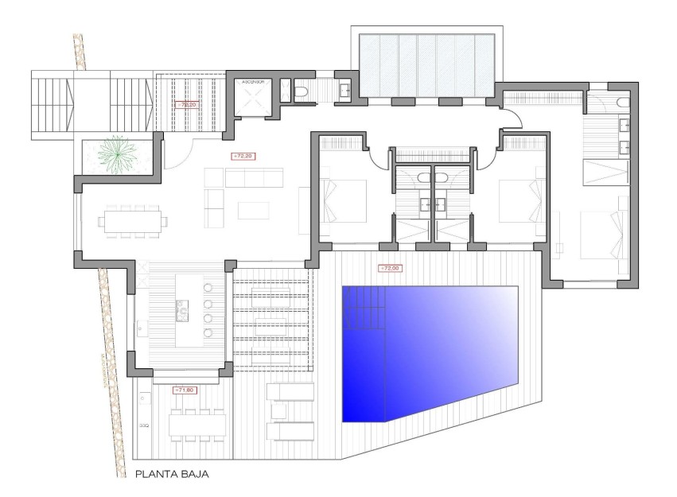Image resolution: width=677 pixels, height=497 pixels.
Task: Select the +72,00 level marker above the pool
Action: [391, 269]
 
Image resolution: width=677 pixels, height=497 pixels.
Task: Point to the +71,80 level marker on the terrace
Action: [184, 390]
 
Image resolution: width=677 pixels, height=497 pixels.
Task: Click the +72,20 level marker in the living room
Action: [240, 156]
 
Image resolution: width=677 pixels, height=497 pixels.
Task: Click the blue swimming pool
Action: [430, 350]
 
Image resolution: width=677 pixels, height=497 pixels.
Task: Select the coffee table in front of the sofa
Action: [255, 208]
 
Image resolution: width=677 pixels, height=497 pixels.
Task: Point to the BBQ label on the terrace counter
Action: [144, 425]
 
